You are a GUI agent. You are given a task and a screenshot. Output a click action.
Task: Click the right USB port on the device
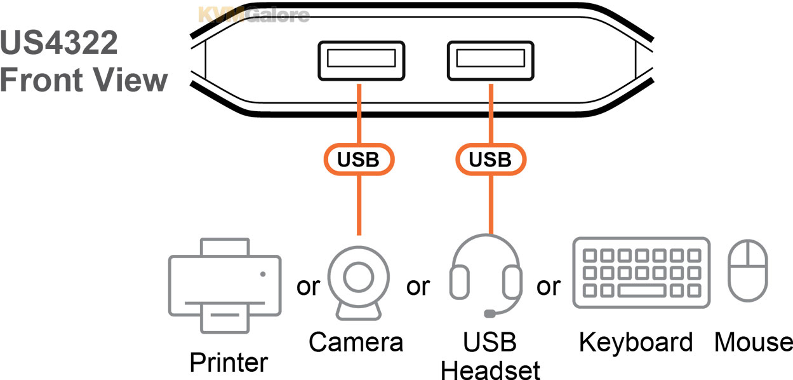click(x=491, y=61)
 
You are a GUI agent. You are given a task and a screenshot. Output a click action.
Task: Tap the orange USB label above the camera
click(x=359, y=159)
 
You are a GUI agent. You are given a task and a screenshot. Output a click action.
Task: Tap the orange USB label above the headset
click(x=491, y=159)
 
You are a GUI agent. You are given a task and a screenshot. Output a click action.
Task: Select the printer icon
click(x=225, y=285)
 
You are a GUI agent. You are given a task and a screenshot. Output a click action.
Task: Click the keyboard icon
click(x=641, y=273)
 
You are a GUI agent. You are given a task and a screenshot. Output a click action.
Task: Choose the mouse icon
click(x=748, y=271)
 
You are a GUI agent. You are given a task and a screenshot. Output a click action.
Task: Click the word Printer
click(x=229, y=362)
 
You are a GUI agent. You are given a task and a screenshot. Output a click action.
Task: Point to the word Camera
click(x=356, y=342)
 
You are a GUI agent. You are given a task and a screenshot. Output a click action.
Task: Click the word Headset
click(x=490, y=369)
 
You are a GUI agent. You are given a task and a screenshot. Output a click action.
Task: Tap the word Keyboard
click(x=636, y=342)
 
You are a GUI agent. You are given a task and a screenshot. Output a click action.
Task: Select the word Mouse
click(x=754, y=342)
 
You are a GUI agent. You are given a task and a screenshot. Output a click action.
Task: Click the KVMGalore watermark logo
click(x=254, y=14)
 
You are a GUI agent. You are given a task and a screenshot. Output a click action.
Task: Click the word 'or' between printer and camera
click(x=308, y=287)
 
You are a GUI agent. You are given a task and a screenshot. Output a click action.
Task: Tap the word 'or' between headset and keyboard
click(x=549, y=287)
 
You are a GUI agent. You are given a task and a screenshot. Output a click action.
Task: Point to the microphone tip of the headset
click(x=490, y=313)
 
